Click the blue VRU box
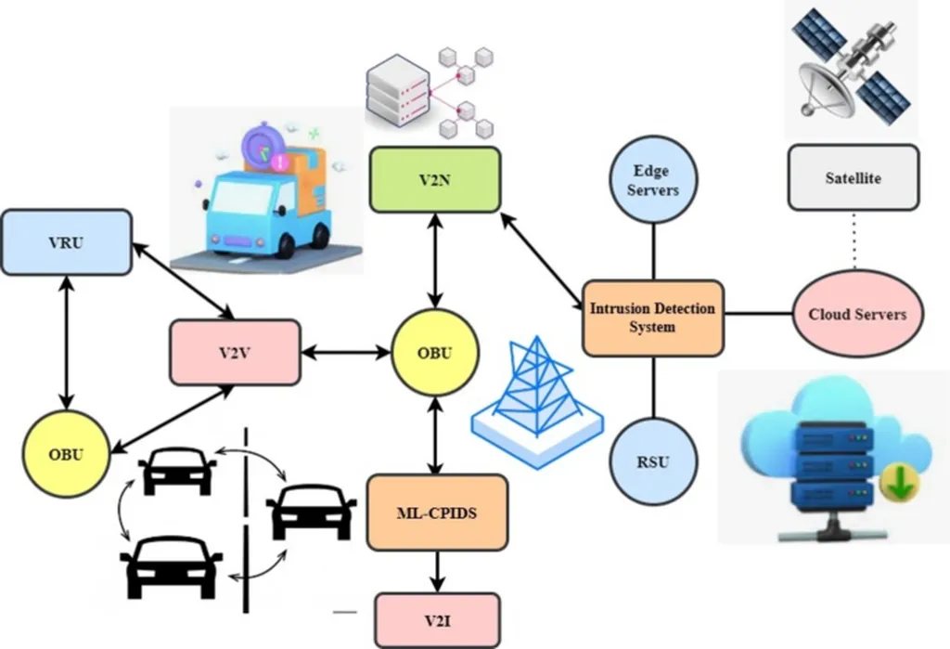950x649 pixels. click(x=66, y=242)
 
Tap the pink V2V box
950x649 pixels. click(x=235, y=353)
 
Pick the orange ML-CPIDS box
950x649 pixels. click(x=437, y=513)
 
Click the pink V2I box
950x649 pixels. click(x=437, y=619)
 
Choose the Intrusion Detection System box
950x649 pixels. click(x=652, y=318)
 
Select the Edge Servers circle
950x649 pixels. click(x=656, y=181)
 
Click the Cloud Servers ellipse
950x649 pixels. click(x=856, y=314)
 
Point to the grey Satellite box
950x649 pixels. click(x=853, y=176)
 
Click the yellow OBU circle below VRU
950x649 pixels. click(x=66, y=454)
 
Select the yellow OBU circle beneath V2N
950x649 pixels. click(x=435, y=353)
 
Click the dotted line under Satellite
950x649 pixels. click(x=854, y=240)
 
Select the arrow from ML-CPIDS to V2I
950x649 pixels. click(x=436, y=572)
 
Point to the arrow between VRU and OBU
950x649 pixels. click(x=66, y=343)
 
